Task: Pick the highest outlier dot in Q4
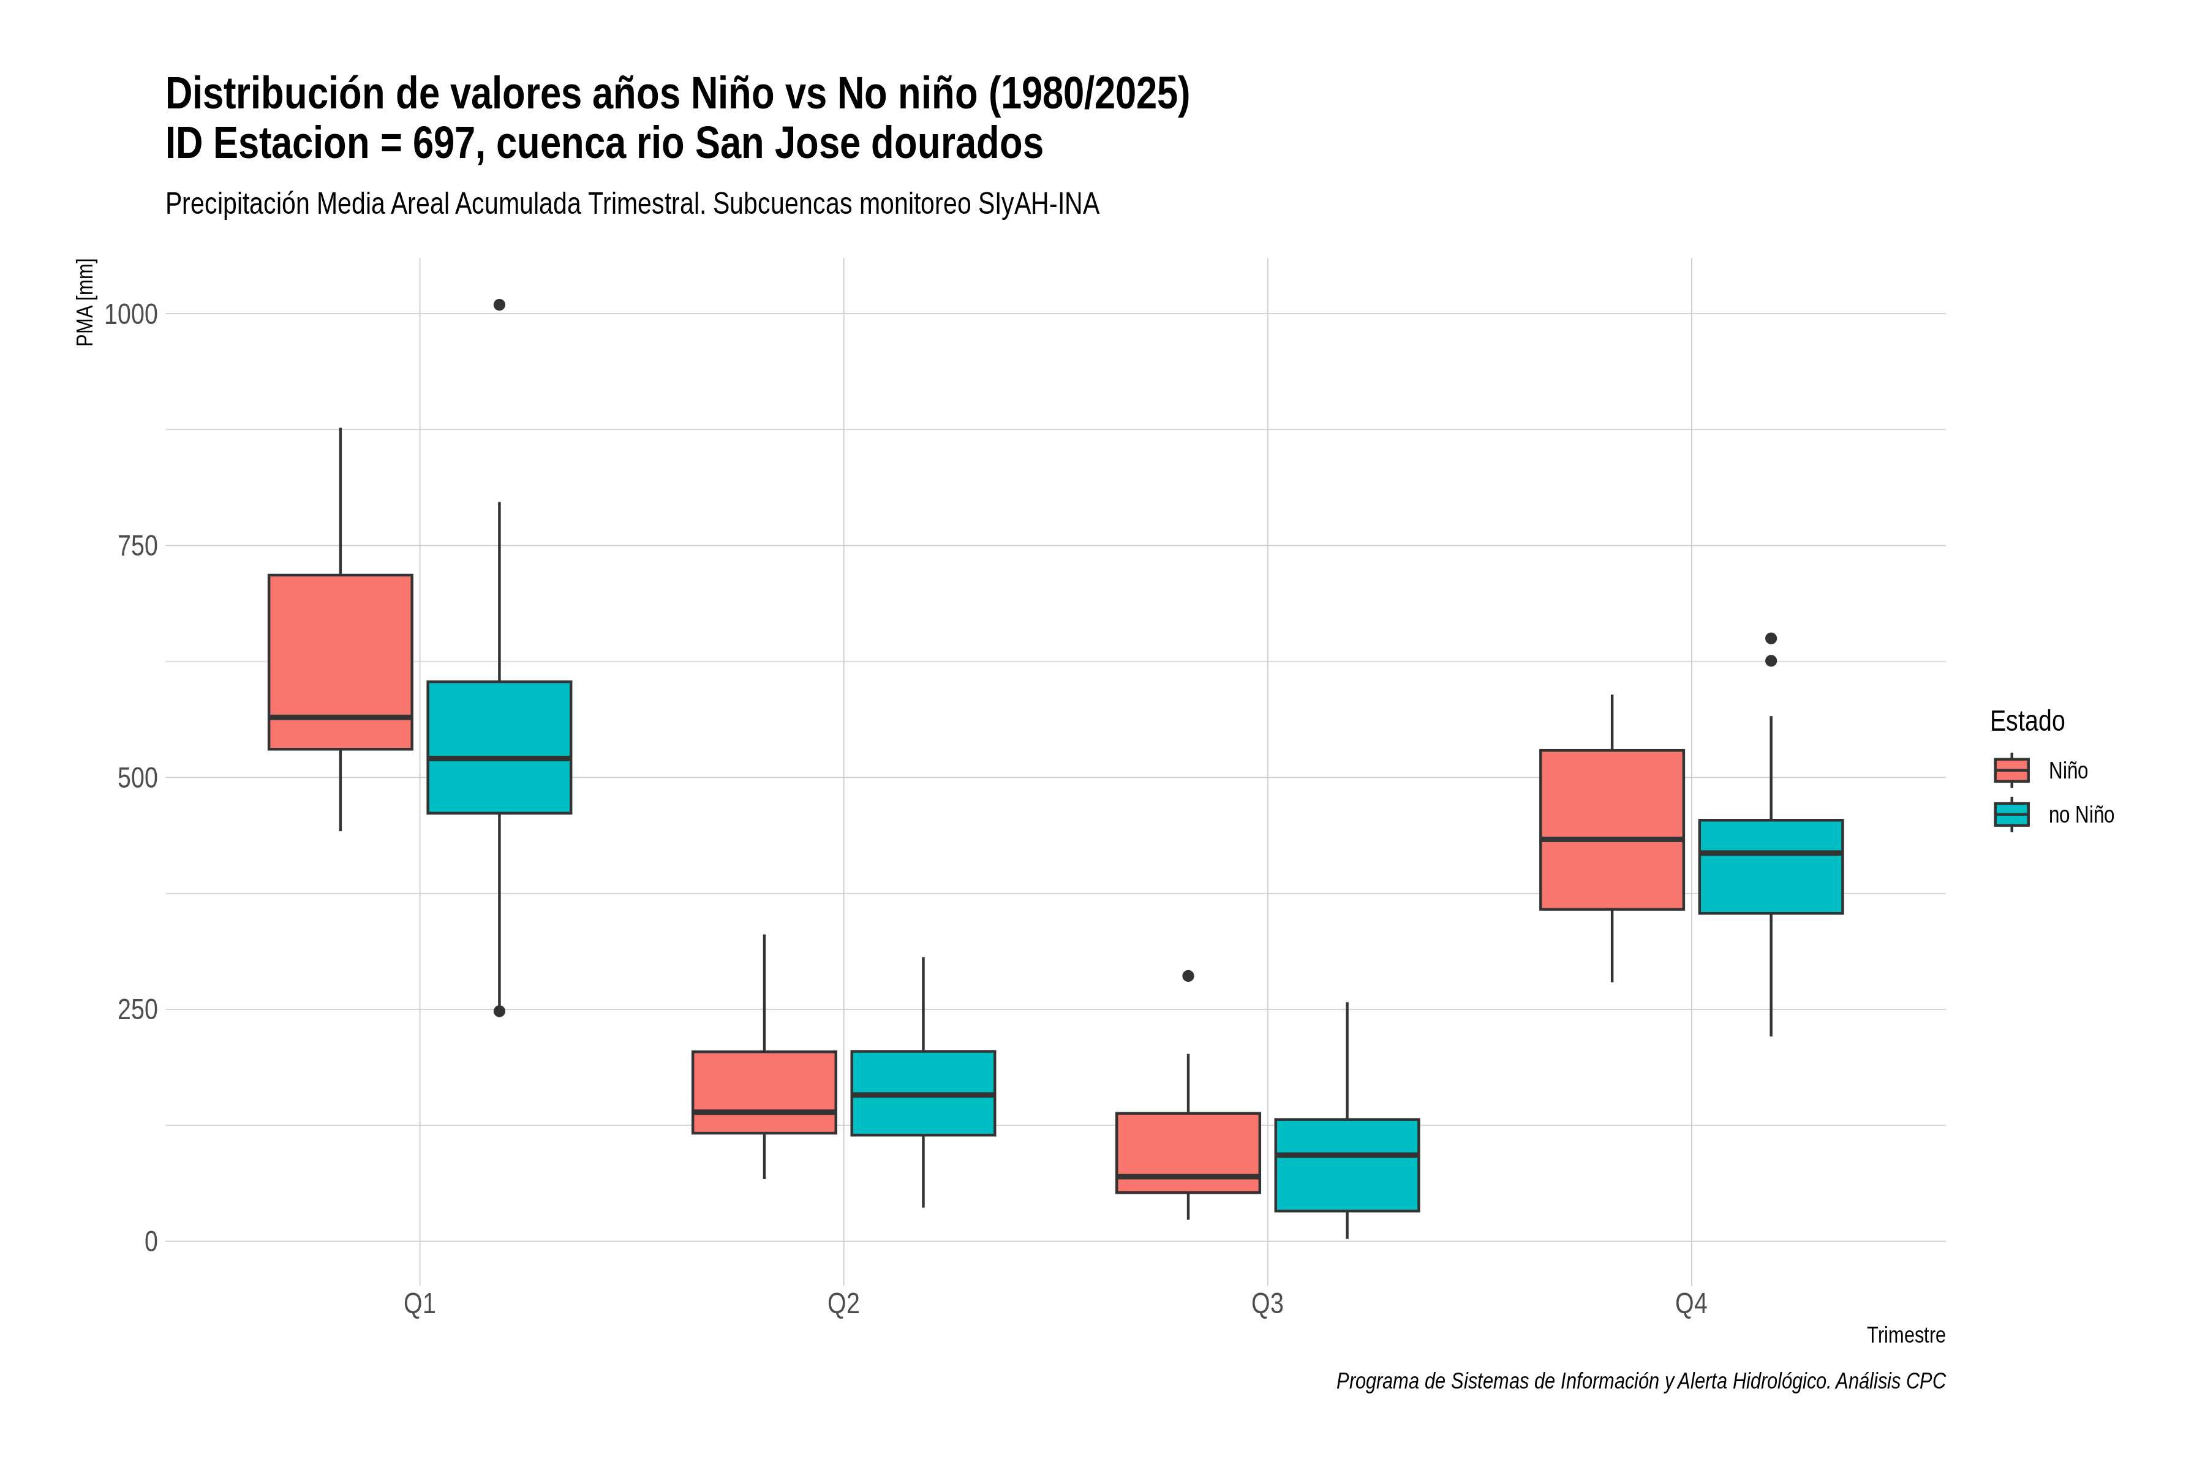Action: point(1771,638)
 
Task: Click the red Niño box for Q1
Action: point(341,662)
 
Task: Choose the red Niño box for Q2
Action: point(764,1092)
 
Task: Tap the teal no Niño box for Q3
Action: point(1347,1166)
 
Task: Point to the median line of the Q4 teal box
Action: point(1771,853)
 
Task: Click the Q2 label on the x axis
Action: point(844,1304)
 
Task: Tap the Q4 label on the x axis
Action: point(1691,1304)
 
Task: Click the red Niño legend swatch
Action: point(2012,771)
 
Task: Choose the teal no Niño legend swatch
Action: point(2012,815)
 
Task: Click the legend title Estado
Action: point(2028,721)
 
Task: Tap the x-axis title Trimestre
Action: point(1906,1335)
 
